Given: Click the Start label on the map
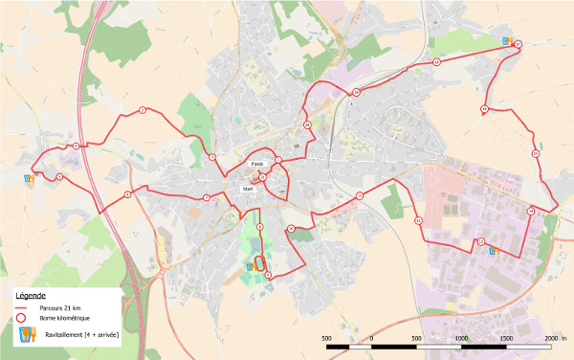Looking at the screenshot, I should pyautogui.click(x=249, y=190).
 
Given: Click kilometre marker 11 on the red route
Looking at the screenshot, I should pyautogui.click(x=360, y=195).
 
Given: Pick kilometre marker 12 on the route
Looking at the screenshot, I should pyautogui.click(x=418, y=220).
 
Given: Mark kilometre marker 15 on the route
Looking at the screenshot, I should pyautogui.click(x=536, y=153).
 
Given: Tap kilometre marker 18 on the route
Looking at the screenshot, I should pyautogui.click(x=436, y=62).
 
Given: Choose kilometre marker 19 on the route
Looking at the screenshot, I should pyautogui.click(x=356, y=92).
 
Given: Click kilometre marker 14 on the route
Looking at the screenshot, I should pyautogui.click(x=531, y=210).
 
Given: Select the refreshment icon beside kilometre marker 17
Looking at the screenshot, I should pyautogui.click(x=506, y=40).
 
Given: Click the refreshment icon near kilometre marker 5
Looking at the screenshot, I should pyautogui.click(x=31, y=176).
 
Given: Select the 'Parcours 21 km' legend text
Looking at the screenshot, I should pyautogui.click(x=60, y=308).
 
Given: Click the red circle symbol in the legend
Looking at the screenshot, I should pyautogui.click(x=20, y=321).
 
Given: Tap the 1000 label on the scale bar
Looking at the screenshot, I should pyautogui.click(x=461, y=338).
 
